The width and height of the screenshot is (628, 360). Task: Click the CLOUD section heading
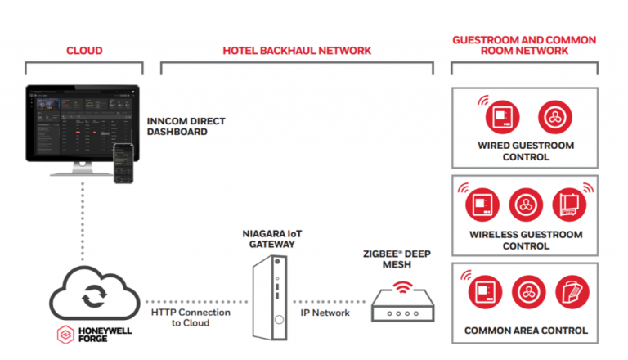point(84,51)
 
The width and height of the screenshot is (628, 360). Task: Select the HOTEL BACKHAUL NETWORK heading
point(297,51)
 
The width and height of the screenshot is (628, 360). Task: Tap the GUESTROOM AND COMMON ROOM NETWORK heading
point(524,45)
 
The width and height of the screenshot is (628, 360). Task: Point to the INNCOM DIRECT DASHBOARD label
point(186,127)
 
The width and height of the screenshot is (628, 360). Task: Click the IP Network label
point(326,313)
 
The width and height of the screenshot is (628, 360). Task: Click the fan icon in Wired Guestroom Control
point(552,118)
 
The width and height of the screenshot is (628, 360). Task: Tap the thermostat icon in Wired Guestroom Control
point(498,118)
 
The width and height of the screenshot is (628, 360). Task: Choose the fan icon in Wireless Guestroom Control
point(525,205)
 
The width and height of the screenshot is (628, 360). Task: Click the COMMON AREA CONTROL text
point(525,331)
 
